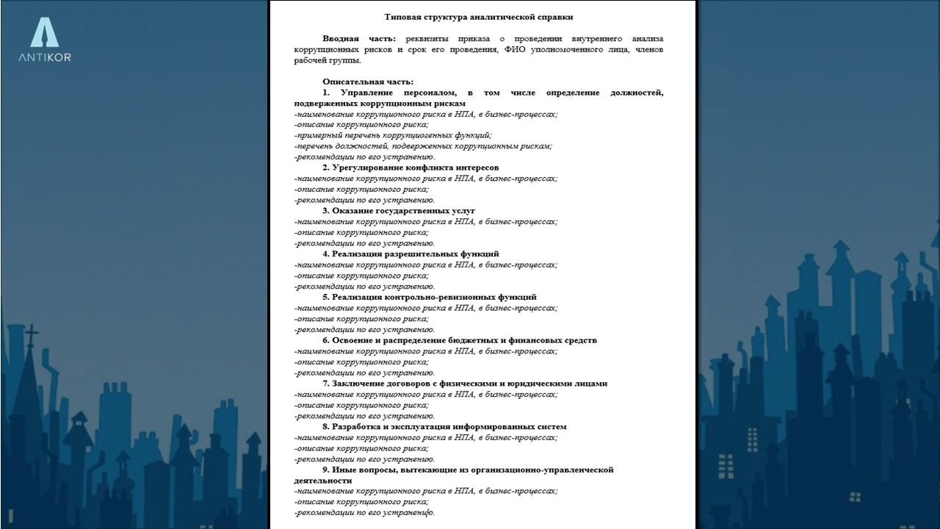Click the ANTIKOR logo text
click(x=45, y=57)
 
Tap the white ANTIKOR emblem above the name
click(x=45, y=33)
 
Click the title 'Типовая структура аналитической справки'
click(x=478, y=17)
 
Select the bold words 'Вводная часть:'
click(x=358, y=39)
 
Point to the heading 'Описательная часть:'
click(x=367, y=82)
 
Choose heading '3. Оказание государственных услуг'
click(x=398, y=211)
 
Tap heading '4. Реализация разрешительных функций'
click(x=410, y=254)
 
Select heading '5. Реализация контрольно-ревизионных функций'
click(x=429, y=298)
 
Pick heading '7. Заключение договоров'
click(x=464, y=384)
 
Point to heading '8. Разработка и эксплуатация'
click(x=444, y=427)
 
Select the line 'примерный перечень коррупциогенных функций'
click(x=393, y=135)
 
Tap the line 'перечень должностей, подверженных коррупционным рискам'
click(x=423, y=146)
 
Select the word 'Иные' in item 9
click(x=344, y=469)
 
